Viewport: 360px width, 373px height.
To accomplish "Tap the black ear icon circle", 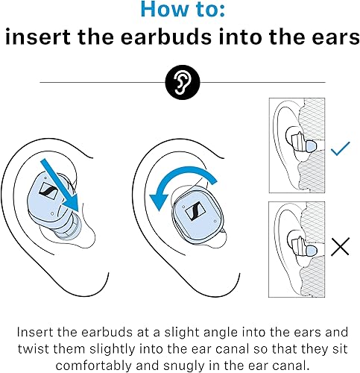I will (180, 82).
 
